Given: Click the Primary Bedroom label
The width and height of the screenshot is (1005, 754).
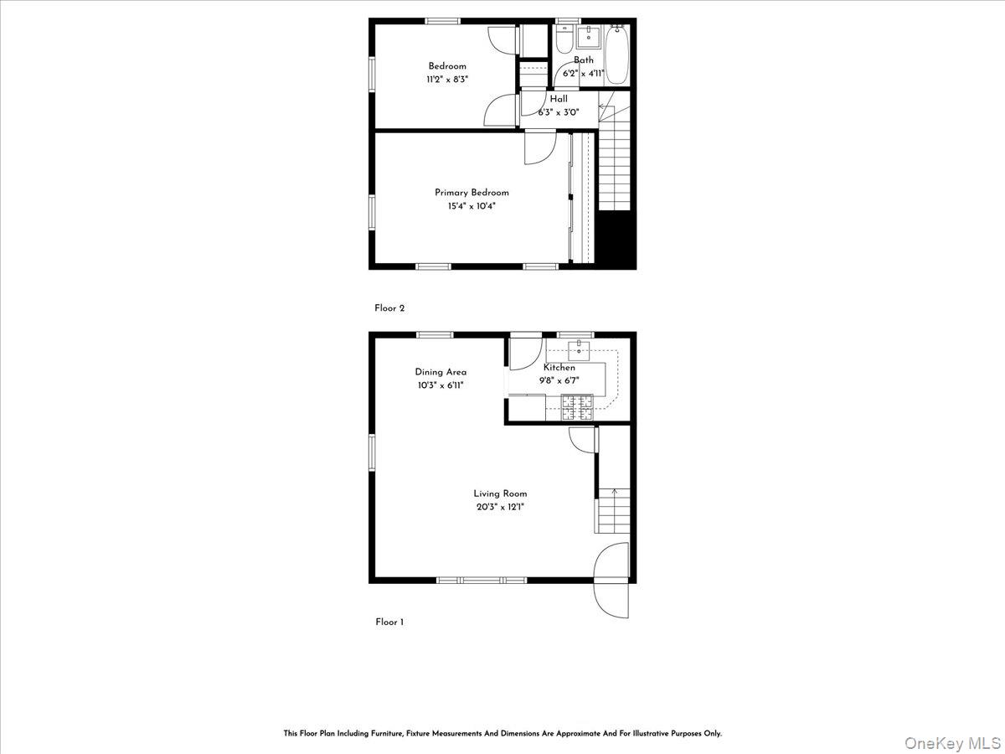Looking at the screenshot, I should [x=472, y=193].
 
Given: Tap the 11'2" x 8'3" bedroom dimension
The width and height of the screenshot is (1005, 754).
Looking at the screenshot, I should [x=448, y=80].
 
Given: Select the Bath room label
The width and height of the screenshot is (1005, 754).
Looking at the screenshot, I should [x=584, y=60].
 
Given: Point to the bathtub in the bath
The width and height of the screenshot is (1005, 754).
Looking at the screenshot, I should [x=616, y=55].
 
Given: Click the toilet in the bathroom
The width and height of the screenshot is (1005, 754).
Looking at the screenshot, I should [x=563, y=39].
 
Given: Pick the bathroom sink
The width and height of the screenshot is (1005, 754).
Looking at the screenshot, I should [x=589, y=34].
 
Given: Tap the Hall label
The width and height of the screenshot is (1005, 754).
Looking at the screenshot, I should [x=559, y=99].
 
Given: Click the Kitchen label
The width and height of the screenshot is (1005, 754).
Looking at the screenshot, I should [x=559, y=368].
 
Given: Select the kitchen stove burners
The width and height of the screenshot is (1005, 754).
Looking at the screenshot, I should [x=577, y=407].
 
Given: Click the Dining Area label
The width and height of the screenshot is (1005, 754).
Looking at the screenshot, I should [x=441, y=372].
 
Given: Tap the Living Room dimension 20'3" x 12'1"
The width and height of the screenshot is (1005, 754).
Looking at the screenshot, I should [x=500, y=507].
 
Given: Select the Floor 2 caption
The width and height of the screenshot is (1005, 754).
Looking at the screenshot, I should [x=389, y=308].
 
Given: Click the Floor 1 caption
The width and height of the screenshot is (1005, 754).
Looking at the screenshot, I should [x=389, y=622].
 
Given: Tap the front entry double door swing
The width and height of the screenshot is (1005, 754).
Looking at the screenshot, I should [x=611, y=580].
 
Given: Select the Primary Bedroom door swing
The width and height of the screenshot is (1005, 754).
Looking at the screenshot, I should [x=539, y=147].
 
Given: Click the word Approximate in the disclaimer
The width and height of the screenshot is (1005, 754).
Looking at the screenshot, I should [x=533, y=733].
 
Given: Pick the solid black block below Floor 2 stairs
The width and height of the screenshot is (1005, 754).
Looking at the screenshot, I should [x=617, y=240].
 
